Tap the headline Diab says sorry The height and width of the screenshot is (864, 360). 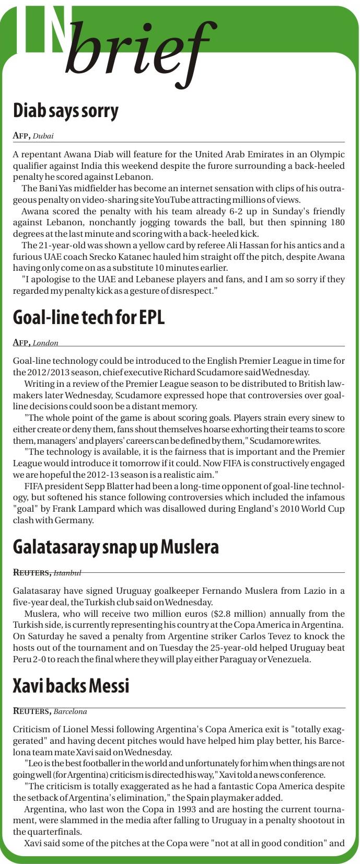[x=66, y=111]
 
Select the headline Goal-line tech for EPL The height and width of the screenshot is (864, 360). [x=88, y=317]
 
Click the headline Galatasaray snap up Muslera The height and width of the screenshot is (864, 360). [x=115, y=547]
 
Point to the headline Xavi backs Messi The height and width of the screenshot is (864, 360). [x=71, y=685]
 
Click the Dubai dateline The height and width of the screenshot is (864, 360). [x=43, y=136]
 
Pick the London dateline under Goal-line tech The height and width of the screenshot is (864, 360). [x=45, y=343]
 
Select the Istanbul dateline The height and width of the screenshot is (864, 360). [x=67, y=573]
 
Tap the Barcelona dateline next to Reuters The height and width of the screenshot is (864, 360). [x=70, y=711]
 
